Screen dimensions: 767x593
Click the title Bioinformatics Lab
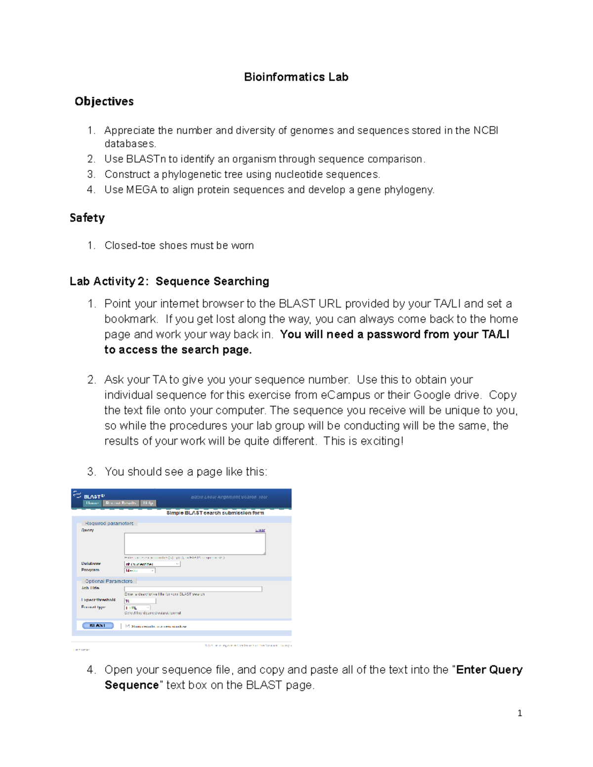(296, 77)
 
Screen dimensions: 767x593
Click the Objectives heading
(104, 101)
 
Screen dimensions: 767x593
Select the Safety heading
(87, 218)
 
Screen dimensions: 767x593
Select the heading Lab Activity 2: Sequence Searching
(169, 282)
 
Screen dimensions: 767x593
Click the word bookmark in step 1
(130, 319)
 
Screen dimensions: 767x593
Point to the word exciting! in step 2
(381, 441)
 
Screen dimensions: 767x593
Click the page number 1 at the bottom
(519, 713)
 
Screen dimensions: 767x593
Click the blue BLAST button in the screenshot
(97, 626)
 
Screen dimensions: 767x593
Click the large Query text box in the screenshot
(195, 543)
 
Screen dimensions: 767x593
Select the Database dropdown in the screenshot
(152, 564)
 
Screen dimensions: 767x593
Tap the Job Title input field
(193, 589)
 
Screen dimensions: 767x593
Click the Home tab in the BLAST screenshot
(92, 503)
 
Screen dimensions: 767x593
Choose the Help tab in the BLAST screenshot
(148, 503)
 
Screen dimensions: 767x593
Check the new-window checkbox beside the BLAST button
(127, 626)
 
